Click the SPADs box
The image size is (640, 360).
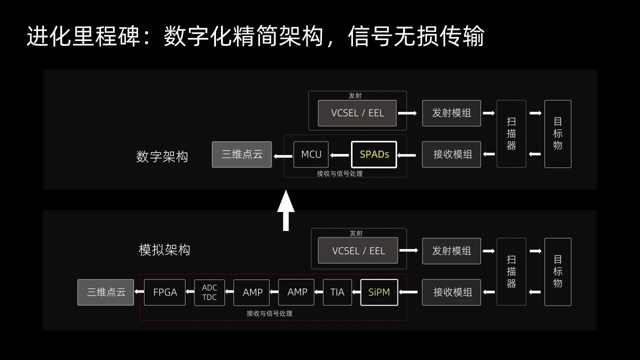[x=374, y=154]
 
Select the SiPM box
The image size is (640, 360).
[x=379, y=292]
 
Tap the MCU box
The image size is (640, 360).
[x=311, y=154]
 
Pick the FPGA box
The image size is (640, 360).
[x=165, y=292]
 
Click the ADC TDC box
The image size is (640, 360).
[x=209, y=292]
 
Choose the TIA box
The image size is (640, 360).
[x=337, y=292]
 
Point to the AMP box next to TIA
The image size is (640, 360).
[x=296, y=292]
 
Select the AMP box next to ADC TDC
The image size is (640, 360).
[x=251, y=292]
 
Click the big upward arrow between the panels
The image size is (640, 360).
[x=286, y=211]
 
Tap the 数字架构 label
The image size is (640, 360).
[x=162, y=156]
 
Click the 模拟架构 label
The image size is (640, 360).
[x=164, y=250]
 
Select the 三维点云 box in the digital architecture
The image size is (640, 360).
[x=242, y=154]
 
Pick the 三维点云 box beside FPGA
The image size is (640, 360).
[x=105, y=292]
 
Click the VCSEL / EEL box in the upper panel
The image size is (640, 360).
[x=357, y=113]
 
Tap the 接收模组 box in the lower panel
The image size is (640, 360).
[x=451, y=292]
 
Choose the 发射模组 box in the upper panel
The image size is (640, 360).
[x=451, y=113]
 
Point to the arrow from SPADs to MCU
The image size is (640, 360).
[x=339, y=155]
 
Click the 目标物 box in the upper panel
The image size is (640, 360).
[x=558, y=133]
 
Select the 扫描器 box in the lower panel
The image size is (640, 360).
[x=511, y=271]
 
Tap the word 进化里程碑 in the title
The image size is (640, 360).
[x=83, y=36]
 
